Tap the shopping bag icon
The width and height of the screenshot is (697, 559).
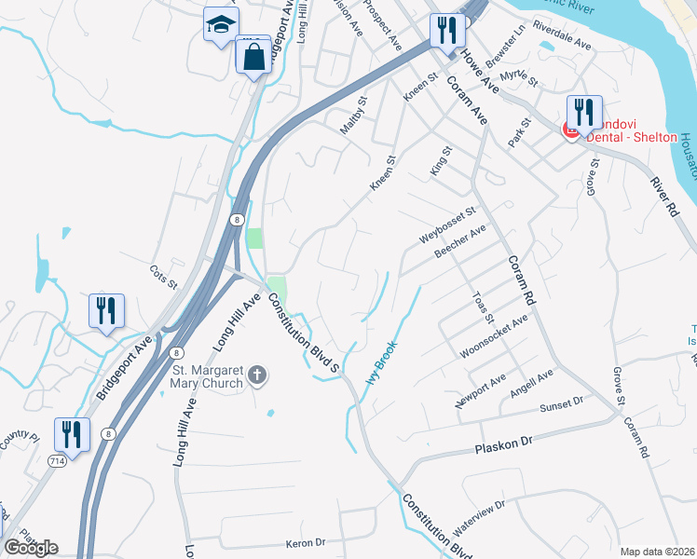click(253, 57)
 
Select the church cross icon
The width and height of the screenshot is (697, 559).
click(257, 376)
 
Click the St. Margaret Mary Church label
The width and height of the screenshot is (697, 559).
click(207, 376)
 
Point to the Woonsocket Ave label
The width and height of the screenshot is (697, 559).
click(494, 336)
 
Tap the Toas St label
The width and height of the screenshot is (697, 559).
click(482, 306)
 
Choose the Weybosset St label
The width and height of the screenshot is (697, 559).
click(447, 226)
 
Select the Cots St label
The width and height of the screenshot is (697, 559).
click(163, 275)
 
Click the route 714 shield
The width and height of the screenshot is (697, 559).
click(58, 461)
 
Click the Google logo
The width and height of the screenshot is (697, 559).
click(31, 547)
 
